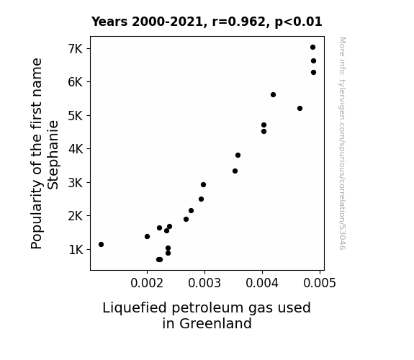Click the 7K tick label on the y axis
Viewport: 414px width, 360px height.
click(76, 49)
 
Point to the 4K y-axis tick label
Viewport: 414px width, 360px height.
click(76, 149)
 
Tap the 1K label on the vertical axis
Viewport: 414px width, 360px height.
click(76, 250)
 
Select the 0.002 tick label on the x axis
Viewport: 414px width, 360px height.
click(147, 283)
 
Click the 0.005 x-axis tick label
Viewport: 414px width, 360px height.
click(320, 283)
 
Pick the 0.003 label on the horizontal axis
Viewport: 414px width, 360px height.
click(204, 283)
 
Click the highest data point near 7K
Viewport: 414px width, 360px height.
click(313, 48)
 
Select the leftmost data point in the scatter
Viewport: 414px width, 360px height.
click(101, 245)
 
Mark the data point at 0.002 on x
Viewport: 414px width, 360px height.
click(148, 237)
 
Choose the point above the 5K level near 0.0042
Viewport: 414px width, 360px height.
click(274, 95)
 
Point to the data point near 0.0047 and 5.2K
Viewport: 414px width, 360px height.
click(300, 109)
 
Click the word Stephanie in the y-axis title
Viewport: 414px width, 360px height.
click(53, 155)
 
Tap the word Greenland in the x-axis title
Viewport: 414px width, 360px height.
click(207, 323)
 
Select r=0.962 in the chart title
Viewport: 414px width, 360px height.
click(239, 22)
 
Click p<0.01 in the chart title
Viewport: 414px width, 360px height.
click(298, 22)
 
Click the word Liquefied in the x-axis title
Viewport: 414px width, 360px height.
click(135, 308)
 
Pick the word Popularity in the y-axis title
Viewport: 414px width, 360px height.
click(37, 215)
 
